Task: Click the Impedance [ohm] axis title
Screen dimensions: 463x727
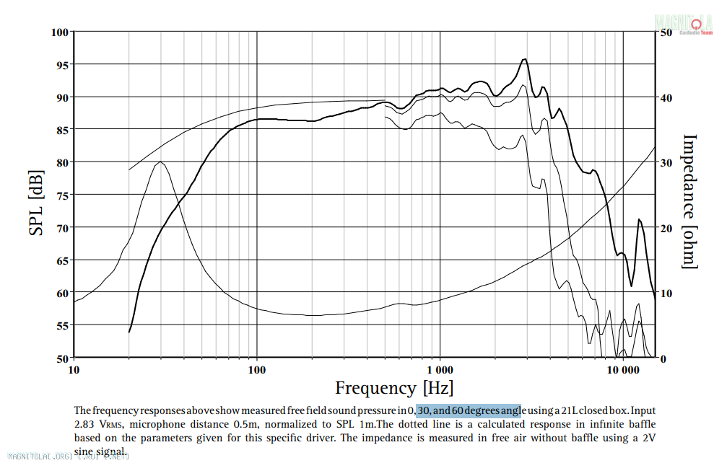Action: (689, 201)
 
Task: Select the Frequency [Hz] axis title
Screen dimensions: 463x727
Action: (393, 388)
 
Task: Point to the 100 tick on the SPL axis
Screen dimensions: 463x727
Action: (59, 32)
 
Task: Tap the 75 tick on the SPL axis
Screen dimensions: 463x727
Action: (59, 195)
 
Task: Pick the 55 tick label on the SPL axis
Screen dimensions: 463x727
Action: (59, 326)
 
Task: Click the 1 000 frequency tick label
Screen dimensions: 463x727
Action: (440, 371)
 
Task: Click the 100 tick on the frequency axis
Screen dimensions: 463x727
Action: (257, 371)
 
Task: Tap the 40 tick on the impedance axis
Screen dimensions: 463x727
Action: (666, 97)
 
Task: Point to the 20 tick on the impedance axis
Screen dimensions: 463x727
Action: (666, 228)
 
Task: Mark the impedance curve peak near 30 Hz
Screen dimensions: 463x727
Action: (160, 162)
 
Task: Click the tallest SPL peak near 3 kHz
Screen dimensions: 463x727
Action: (525, 59)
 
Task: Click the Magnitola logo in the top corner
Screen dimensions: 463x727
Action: (685, 23)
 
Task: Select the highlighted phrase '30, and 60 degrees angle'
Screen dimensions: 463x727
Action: (468, 410)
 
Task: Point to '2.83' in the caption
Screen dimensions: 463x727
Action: (85, 424)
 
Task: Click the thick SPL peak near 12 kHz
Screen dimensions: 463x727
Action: (639, 219)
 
